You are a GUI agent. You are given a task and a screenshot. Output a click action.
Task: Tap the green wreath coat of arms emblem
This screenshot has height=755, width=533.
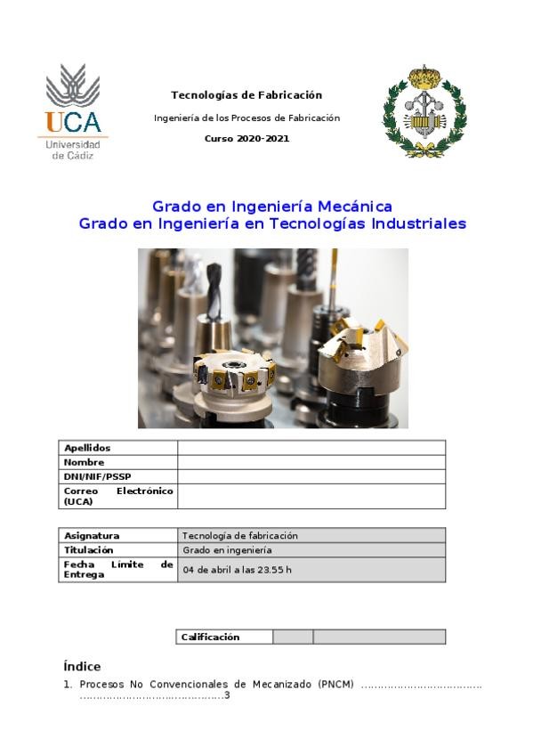click(x=424, y=111)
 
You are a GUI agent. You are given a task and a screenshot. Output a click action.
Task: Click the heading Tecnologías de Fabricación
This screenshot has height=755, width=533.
click(x=246, y=95)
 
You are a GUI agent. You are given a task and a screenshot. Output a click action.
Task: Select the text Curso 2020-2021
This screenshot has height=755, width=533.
click(x=246, y=139)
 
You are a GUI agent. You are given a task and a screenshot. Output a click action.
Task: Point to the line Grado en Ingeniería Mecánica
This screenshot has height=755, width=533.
click(x=271, y=207)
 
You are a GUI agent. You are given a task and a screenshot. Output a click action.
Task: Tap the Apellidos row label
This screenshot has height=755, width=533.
click(x=87, y=448)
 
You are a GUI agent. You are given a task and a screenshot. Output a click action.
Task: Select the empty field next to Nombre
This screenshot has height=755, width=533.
click(x=311, y=462)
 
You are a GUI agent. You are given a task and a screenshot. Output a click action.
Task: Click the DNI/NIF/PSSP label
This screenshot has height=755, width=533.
click(x=97, y=476)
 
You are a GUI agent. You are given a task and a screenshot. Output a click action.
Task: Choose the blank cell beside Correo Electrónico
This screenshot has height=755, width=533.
click(x=311, y=496)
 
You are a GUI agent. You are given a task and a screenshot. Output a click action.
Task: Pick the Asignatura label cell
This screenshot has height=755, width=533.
click(x=92, y=536)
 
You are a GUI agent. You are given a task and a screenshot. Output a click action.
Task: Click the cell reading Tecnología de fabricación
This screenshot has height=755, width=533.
click(x=239, y=536)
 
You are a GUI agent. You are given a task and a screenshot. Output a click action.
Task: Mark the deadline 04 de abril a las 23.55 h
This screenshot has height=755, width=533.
click(x=237, y=570)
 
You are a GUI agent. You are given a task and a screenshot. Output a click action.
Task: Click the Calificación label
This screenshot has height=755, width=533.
click(x=211, y=637)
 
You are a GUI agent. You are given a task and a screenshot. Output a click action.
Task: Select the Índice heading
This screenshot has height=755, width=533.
click(x=82, y=667)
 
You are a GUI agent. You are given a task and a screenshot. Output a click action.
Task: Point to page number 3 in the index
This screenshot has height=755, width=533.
click(x=227, y=695)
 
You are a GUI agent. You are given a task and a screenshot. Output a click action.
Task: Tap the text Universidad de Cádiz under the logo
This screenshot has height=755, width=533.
click(x=73, y=150)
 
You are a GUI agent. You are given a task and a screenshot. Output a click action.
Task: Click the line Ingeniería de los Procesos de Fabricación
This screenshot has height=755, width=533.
click(x=246, y=118)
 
